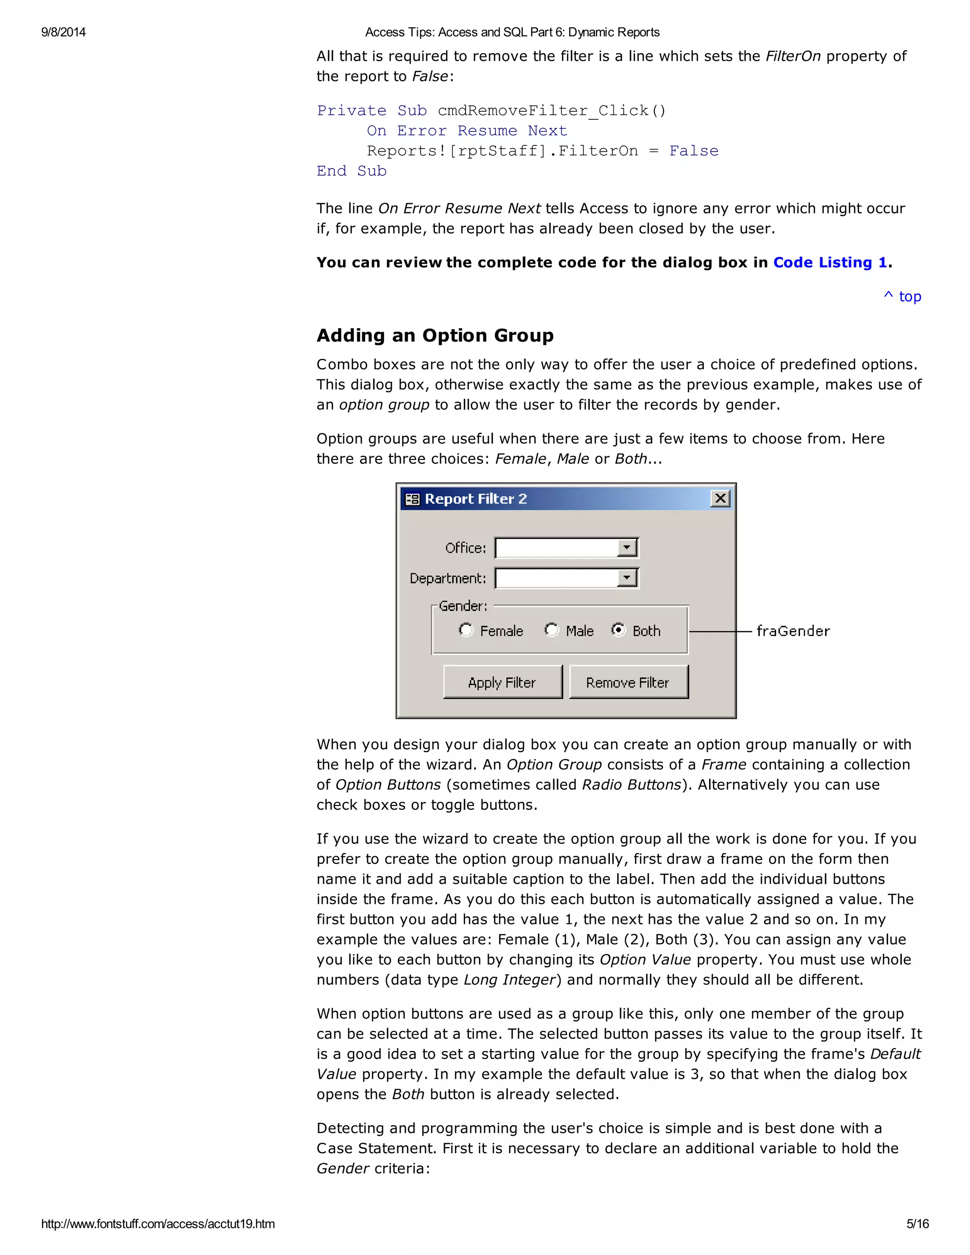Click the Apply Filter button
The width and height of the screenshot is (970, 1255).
tap(502, 682)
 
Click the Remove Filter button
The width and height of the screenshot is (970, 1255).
tap(628, 682)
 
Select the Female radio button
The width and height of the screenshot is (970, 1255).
tap(466, 630)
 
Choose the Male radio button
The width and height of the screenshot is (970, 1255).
tap(551, 630)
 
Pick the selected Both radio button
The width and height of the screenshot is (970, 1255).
tap(618, 630)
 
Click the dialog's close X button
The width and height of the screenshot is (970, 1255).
tap(720, 498)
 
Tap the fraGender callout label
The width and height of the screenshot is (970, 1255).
tap(792, 631)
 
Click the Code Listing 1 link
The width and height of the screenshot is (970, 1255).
tap(830, 263)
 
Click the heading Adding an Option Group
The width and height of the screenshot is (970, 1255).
tap(435, 335)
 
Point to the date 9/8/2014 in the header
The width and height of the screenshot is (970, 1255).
tap(63, 32)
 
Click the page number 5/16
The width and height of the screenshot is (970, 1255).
tap(917, 1223)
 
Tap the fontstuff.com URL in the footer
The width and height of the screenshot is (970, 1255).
tap(158, 1223)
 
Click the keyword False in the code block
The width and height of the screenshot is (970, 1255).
tap(693, 151)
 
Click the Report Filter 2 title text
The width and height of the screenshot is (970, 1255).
tap(475, 499)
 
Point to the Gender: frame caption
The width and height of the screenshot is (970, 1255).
tap(463, 606)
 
